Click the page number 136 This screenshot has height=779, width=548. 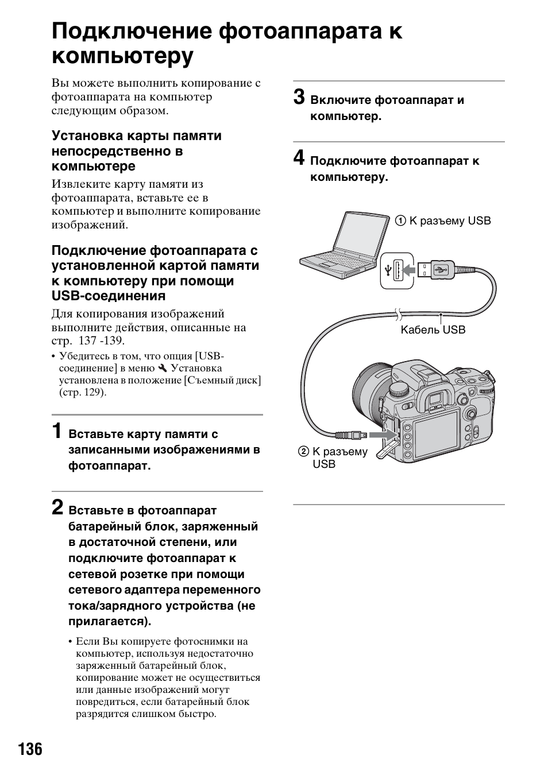[30, 749]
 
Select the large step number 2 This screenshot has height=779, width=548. [57, 507]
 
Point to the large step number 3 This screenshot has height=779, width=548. [299, 97]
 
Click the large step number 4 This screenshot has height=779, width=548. [299, 158]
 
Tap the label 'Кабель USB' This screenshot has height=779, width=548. [433, 330]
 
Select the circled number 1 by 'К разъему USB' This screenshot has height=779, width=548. [400, 221]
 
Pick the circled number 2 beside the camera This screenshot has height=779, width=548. [303, 452]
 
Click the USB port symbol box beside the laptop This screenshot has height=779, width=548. [397, 269]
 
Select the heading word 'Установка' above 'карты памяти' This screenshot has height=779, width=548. [87, 136]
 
